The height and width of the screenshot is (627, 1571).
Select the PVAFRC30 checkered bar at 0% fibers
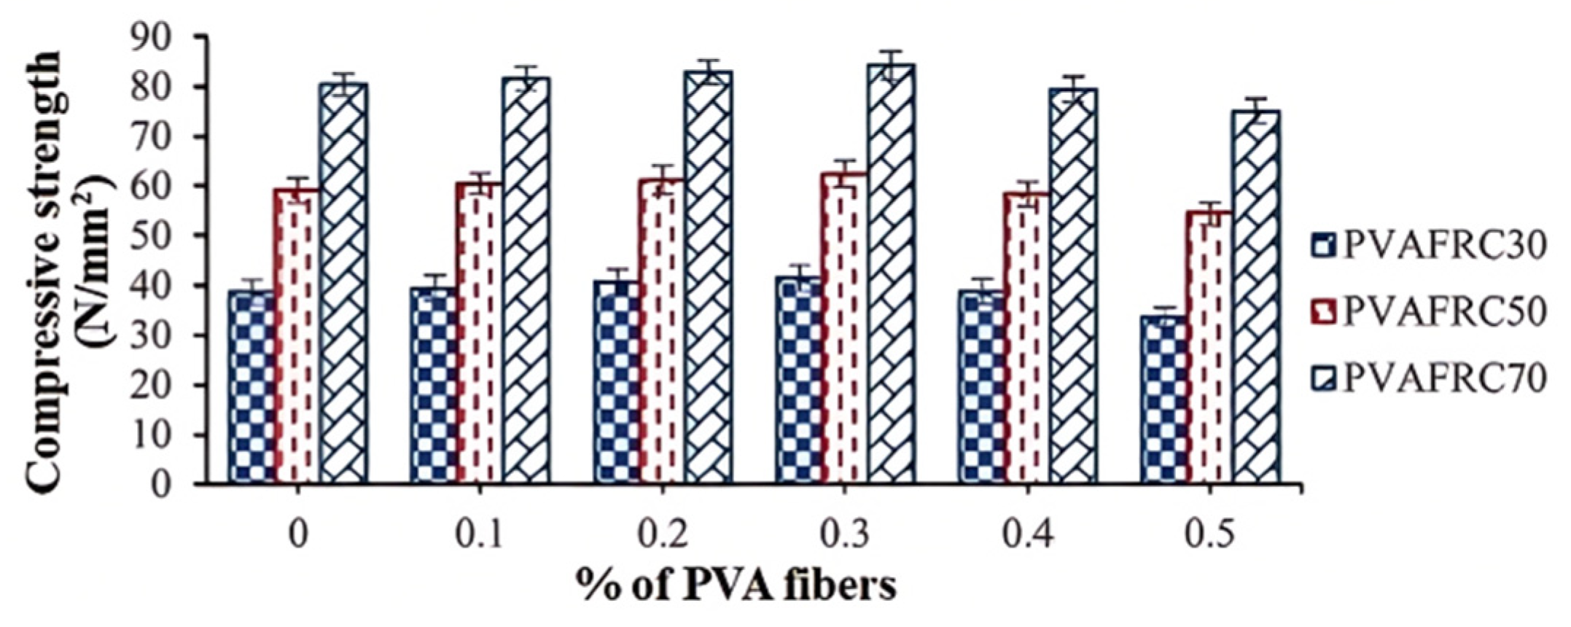[252, 386]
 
